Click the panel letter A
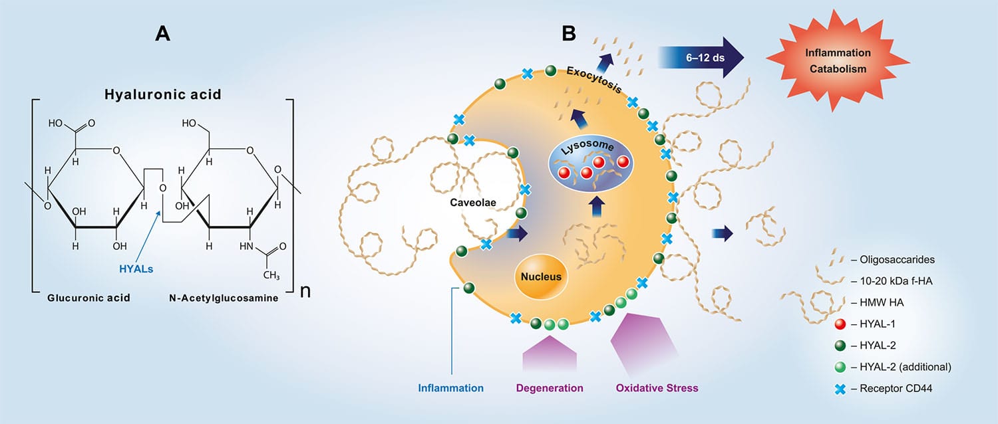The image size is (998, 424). (162, 34)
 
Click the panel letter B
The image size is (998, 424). (569, 34)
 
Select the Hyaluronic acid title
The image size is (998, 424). (162, 94)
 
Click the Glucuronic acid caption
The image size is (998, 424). (88, 298)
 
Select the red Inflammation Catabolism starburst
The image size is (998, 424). (838, 60)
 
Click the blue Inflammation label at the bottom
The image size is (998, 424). (450, 387)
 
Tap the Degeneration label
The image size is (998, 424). (550, 387)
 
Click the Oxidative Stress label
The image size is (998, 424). (657, 387)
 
